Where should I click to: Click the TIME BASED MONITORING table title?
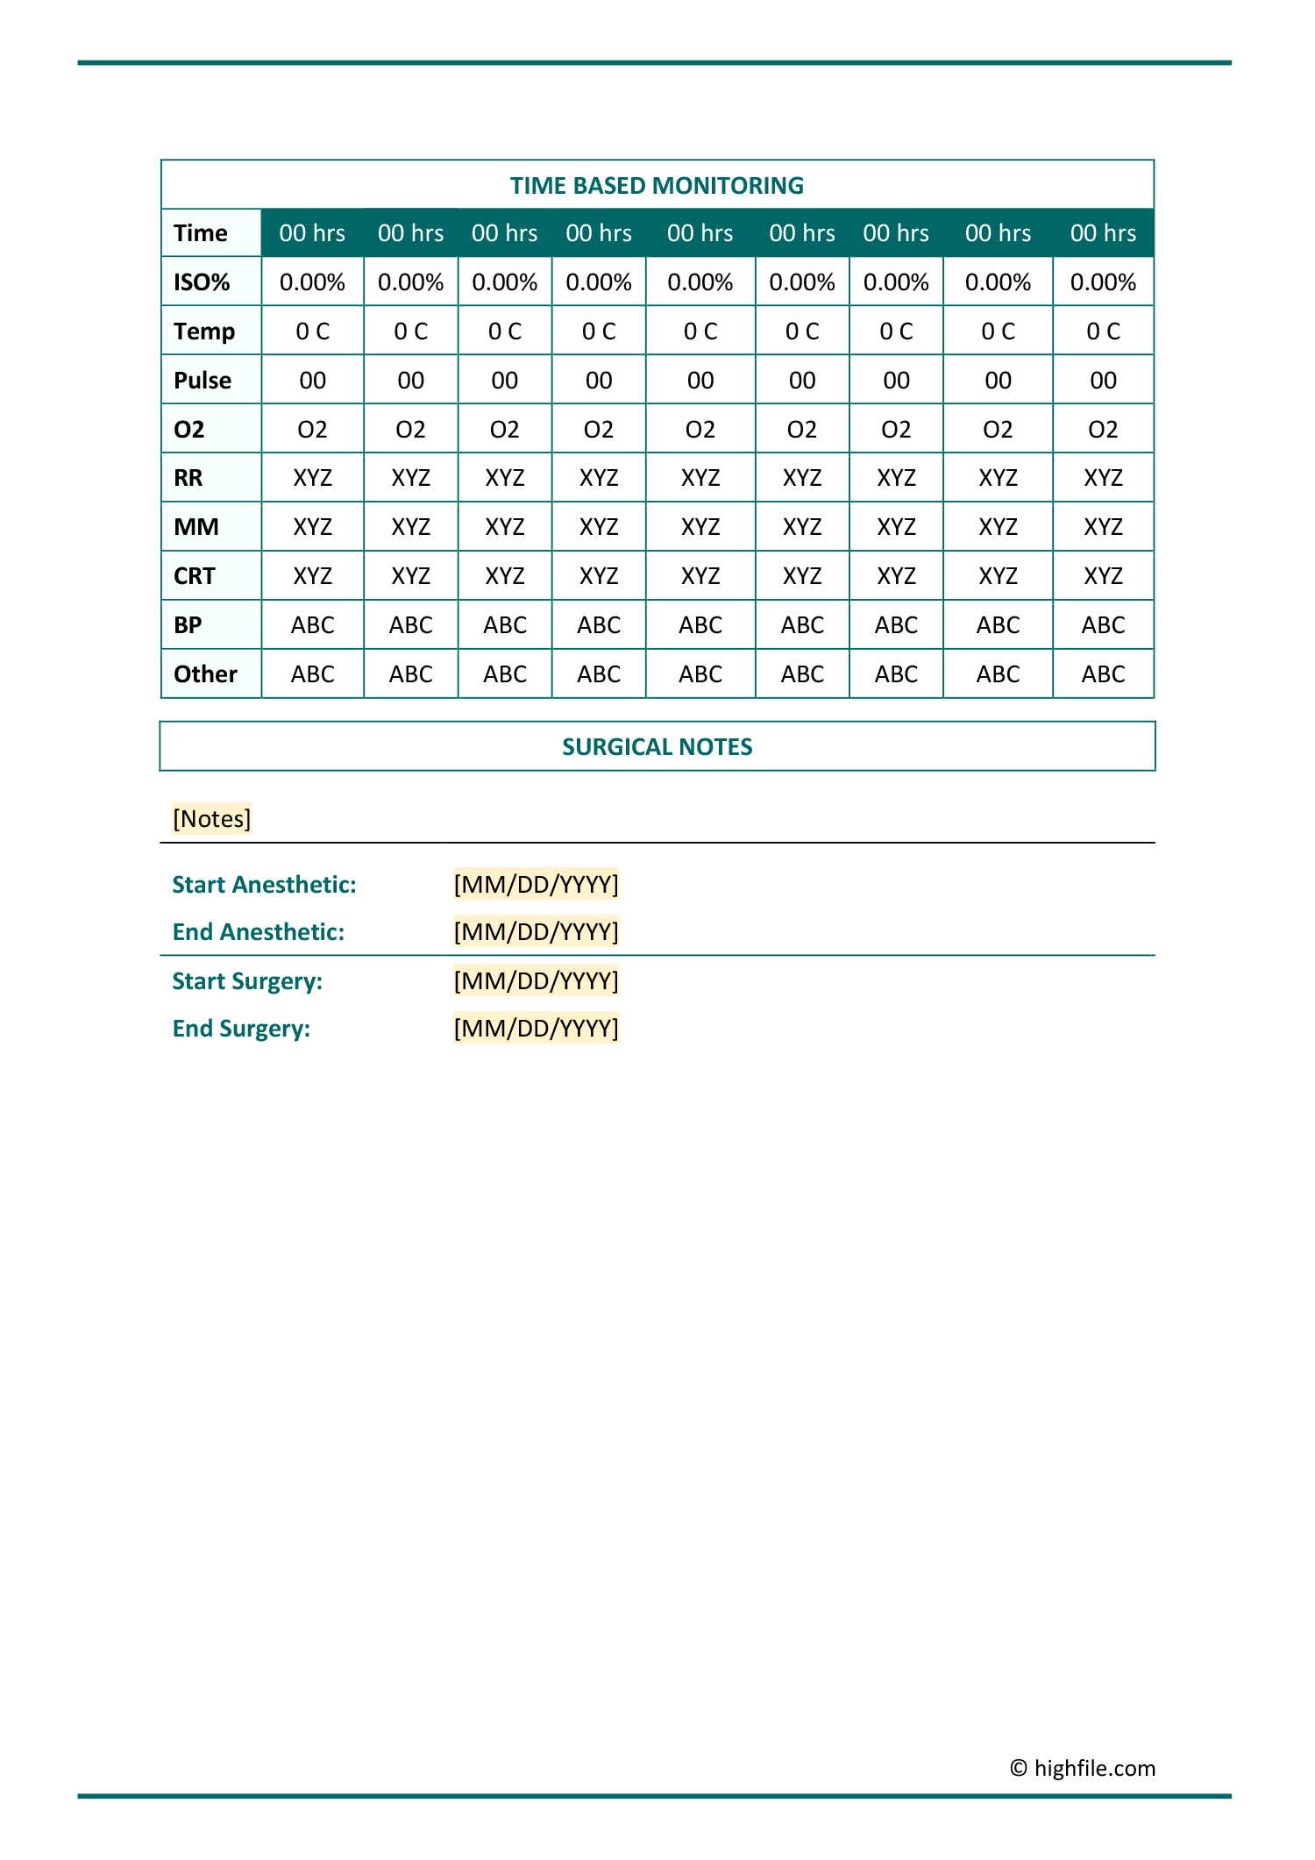[x=657, y=186]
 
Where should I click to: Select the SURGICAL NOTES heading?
[x=657, y=747]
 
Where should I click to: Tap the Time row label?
[x=201, y=233]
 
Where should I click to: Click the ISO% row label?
[x=202, y=282]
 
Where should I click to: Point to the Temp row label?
[x=204, y=331]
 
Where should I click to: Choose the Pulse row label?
[x=203, y=381]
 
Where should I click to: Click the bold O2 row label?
[x=189, y=430]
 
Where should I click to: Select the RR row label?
[x=188, y=478]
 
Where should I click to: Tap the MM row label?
[x=196, y=527]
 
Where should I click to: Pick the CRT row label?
[x=195, y=576]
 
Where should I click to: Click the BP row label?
[x=188, y=625]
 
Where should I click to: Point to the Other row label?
[x=205, y=674]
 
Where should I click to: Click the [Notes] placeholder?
[x=212, y=819]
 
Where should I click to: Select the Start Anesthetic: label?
[x=265, y=885]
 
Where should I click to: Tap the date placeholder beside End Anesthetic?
[x=536, y=932]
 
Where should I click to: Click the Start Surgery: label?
[x=248, y=981]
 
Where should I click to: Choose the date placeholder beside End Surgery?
[x=536, y=1029]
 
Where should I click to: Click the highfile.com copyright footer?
[x=1083, y=1768]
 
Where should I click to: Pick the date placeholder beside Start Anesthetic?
[x=536, y=885]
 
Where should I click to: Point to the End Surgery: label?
[x=242, y=1029]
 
